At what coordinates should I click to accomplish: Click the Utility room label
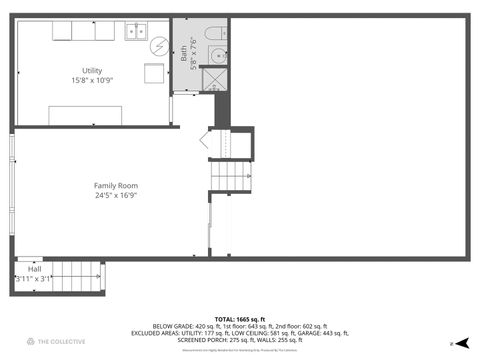coord(92,70)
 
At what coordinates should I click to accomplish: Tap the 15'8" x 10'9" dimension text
coord(92,80)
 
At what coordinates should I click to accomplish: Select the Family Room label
coord(116,186)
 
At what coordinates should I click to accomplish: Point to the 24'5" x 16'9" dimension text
coord(116,196)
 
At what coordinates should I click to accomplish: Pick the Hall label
coord(35,269)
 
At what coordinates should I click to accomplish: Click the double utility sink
coord(137,31)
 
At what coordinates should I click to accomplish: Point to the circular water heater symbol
coord(159,45)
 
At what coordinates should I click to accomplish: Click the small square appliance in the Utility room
coord(154,74)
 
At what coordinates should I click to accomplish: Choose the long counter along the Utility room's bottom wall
coord(99,114)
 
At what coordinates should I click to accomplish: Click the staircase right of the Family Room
coord(229,177)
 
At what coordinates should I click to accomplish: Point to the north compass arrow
coord(461,342)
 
